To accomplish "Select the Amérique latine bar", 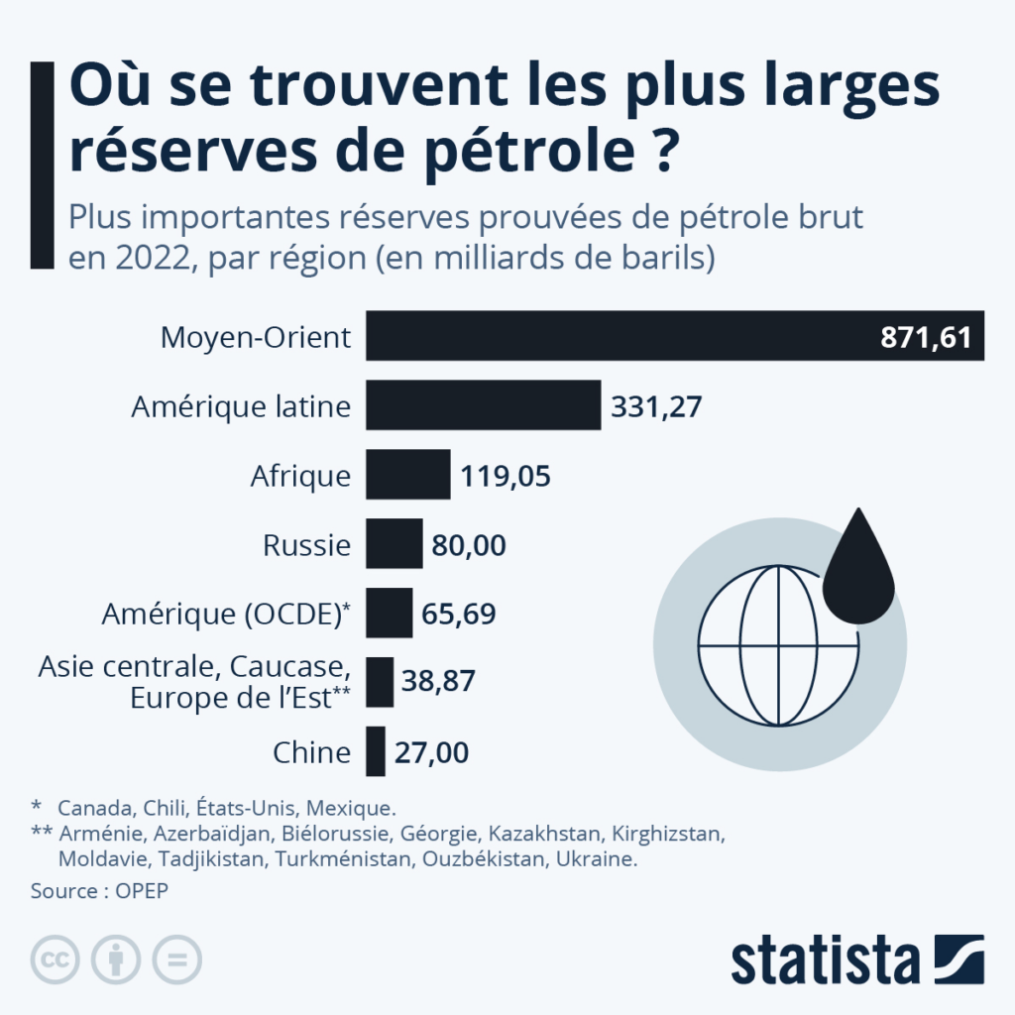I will (484, 404).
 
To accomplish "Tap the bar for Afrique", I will (408, 475).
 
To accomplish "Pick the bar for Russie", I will (395, 544).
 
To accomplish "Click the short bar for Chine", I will (376, 751).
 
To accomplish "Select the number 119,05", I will (506, 476).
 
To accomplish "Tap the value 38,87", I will (438, 682).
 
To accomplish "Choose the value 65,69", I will (459, 614).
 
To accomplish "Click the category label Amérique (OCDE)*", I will (227, 614).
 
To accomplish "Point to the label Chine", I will (311, 752).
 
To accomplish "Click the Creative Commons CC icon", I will (56, 959).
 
